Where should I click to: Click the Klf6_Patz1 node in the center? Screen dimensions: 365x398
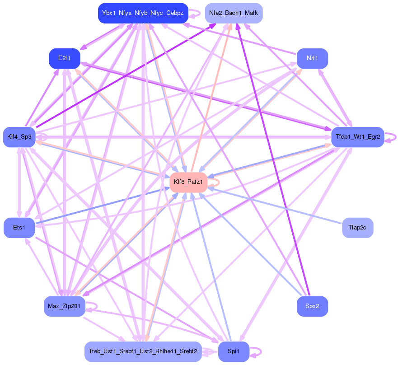pyautogui.click(x=188, y=182)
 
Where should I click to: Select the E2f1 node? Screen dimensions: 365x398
pyautogui.click(x=64, y=58)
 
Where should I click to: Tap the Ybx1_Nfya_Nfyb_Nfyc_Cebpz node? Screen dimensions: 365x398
pyautogui.click(x=142, y=13)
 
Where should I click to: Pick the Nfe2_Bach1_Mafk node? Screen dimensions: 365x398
pyautogui.click(x=233, y=13)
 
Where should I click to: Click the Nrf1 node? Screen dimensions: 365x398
pyautogui.click(x=312, y=58)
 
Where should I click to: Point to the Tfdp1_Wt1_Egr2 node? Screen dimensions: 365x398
pyautogui.click(x=357, y=136)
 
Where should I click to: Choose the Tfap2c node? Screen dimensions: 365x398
pyautogui.click(x=357, y=227)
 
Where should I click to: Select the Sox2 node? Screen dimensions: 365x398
pyautogui.click(x=312, y=306)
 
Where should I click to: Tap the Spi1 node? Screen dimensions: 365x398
pyautogui.click(x=233, y=351)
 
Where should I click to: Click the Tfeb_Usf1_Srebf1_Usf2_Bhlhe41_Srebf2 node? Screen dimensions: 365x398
pyautogui.click(x=142, y=351)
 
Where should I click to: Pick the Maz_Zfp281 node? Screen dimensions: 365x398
pyautogui.click(x=64, y=306)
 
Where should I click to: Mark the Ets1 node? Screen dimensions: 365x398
pyautogui.click(x=19, y=227)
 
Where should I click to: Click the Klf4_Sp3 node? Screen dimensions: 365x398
pyautogui.click(x=19, y=136)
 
